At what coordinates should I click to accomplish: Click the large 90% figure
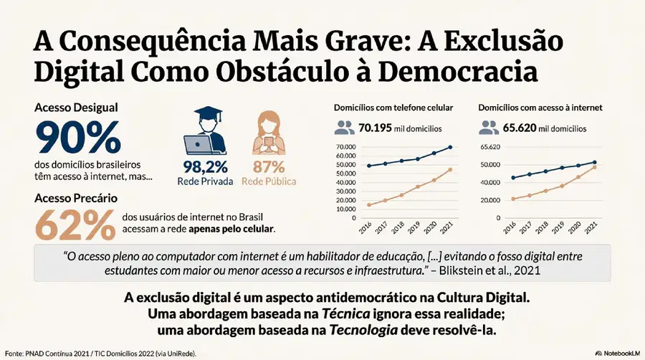click(78, 137)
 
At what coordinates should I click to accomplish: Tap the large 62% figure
click(76, 224)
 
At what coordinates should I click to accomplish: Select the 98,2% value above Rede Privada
click(205, 167)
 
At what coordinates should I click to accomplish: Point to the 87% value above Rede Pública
click(269, 167)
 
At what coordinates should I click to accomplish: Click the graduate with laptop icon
click(205, 131)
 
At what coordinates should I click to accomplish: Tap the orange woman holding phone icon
click(269, 133)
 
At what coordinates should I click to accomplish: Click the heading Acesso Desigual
click(76, 108)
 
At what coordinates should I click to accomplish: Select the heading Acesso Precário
click(76, 199)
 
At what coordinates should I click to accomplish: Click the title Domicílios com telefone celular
click(393, 108)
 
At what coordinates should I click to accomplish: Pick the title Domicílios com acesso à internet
click(540, 108)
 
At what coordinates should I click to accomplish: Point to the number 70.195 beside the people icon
click(375, 128)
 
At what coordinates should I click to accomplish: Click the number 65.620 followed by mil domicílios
click(520, 128)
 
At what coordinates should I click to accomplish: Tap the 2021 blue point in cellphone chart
click(450, 147)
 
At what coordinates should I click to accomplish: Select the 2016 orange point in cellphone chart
click(368, 205)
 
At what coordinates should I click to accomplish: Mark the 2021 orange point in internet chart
click(594, 167)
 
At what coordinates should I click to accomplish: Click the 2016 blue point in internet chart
click(513, 178)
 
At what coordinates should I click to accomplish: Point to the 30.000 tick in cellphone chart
click(346, 191)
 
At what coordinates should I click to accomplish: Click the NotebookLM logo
click(618, 354)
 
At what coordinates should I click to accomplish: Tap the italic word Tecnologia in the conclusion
click(363, 330)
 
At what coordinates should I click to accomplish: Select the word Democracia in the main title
click(458, 72)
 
